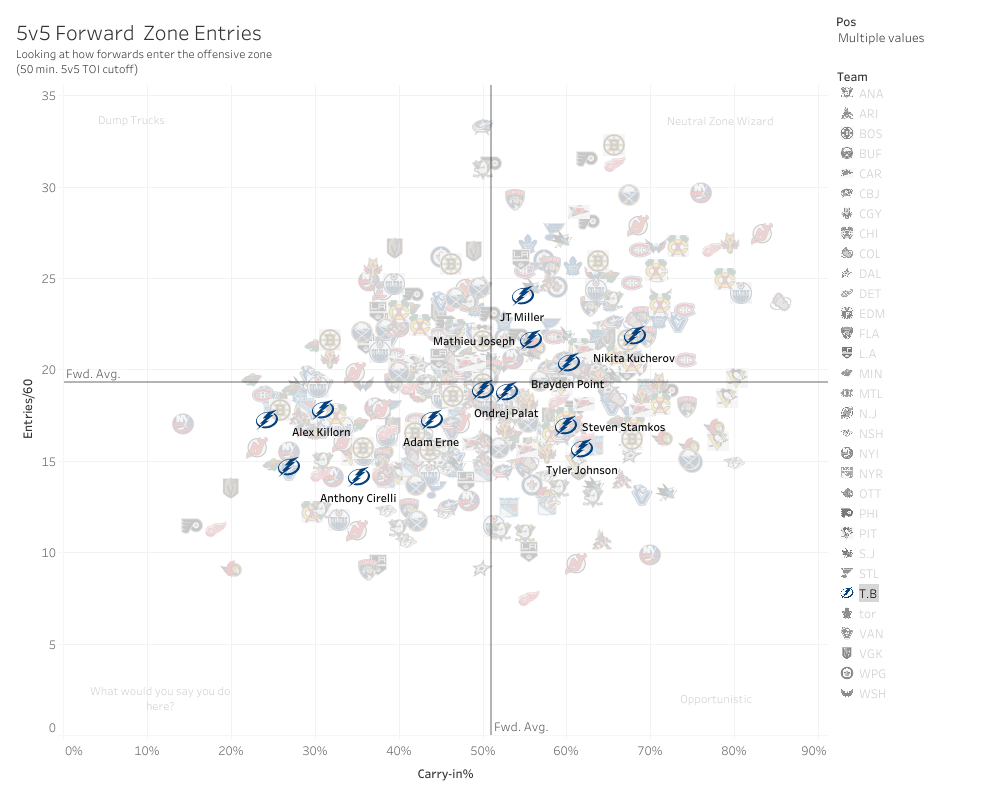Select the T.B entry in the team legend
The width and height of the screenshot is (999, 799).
[867, 594]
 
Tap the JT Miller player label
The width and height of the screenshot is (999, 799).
[521, 317]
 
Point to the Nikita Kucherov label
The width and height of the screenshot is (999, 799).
[633, 358]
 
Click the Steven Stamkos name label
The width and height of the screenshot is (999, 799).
[623, 428]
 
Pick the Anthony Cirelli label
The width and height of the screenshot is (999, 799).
[358, 498]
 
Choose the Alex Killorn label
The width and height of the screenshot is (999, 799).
[321, 432]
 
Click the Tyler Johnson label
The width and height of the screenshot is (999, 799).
[581, 470]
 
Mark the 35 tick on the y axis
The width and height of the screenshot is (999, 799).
[48, 95]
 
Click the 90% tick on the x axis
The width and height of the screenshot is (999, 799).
[813, 750]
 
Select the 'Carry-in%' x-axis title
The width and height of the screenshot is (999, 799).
[445, 774]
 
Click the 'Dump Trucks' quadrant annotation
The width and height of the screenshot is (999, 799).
[131, 121]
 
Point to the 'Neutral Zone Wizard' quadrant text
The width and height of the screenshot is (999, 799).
[720, 122]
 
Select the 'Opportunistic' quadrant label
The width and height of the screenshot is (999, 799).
[715, 700]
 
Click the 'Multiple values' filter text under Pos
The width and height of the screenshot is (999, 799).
[881, 38]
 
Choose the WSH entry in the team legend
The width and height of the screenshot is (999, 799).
[871, 694]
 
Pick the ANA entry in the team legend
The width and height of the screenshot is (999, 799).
[870, 94]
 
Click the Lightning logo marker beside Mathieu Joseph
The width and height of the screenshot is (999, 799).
[531, 340]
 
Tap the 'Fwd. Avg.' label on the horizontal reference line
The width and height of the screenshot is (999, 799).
[93, 374]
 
